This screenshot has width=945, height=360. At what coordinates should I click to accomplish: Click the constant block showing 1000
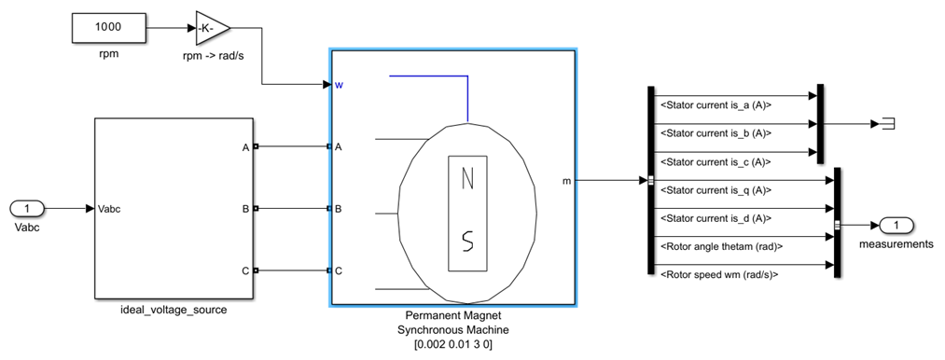click(109, 28)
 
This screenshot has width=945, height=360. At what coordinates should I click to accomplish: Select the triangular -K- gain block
click(212, 29)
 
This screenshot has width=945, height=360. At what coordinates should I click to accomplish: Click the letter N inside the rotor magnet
click(467, 178)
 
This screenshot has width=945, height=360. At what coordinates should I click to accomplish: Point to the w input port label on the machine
click(340, 85)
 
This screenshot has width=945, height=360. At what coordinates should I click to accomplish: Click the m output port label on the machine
click(565, 180)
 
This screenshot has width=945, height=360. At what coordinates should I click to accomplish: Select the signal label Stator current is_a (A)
click(716, 104)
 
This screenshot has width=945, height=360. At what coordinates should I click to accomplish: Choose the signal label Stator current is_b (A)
click(716, 133)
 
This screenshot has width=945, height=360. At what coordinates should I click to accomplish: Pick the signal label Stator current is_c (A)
click(716, 161)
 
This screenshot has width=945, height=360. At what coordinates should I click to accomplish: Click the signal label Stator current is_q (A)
click(716, 190)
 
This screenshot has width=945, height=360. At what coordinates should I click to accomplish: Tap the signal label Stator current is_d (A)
click(716, 218)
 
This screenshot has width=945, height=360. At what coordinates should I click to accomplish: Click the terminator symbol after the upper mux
click(887, 123)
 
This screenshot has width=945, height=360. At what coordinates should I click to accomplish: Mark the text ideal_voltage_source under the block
click(174, 310)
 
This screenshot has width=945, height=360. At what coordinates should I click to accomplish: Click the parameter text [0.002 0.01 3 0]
click(453, 345)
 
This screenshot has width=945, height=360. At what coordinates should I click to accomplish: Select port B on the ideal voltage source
click(245, 209)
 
